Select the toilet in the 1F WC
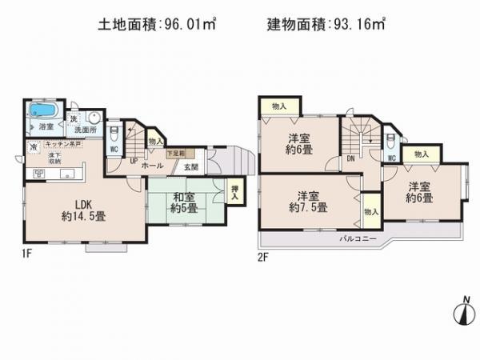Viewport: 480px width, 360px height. [x=114, y=133]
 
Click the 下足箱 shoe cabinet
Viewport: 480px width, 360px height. [x=175, y=153]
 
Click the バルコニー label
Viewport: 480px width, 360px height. [x=352, y=238]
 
